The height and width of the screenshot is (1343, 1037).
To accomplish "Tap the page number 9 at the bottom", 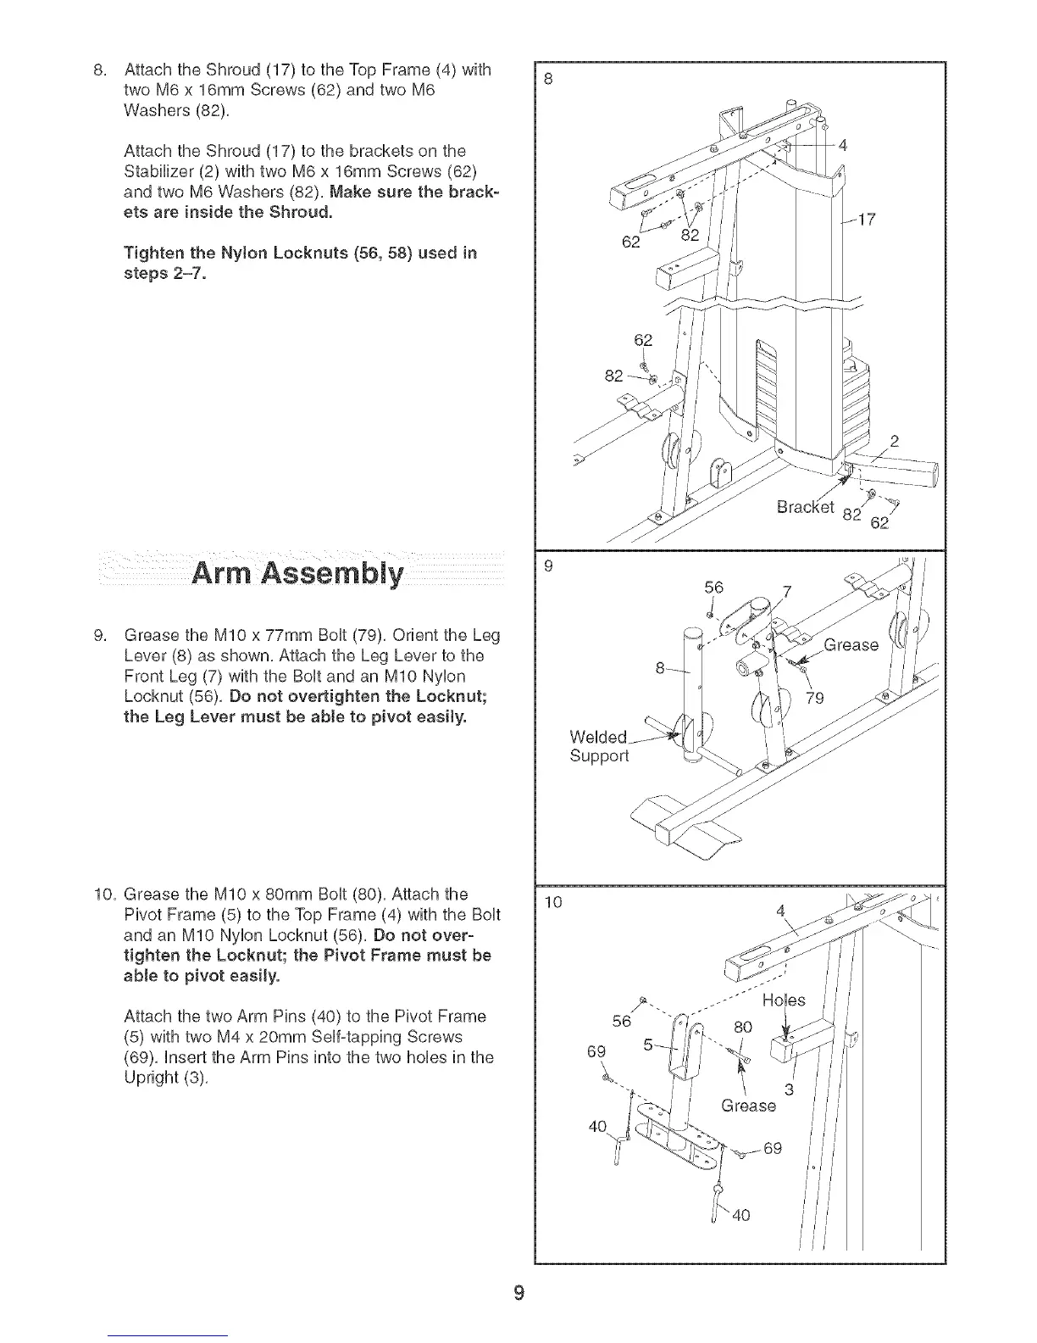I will coord(518,1292).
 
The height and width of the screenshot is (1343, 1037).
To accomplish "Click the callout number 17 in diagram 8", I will coord(865,220).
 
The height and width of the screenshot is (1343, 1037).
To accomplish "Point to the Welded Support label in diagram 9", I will coord(599,746).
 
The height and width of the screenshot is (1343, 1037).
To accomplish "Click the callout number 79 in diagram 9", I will coord(813,699).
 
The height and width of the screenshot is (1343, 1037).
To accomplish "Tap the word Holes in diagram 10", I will coord(783,1000).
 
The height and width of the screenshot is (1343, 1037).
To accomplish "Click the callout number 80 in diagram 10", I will coord(743,1027).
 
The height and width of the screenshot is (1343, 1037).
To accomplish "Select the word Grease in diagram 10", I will coord(747,1106).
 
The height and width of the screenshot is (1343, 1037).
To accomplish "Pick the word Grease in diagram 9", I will coord(851,645).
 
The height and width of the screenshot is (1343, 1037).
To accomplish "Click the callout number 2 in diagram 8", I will coord(896,440).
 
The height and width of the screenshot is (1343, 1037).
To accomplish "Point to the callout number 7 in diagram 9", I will coord(785,592).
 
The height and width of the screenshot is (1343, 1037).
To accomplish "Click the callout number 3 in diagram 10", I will coord(789,1089).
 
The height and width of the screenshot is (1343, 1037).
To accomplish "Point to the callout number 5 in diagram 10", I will coord(648,1045).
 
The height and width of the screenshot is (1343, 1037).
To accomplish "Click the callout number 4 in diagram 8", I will coord(841,145).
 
